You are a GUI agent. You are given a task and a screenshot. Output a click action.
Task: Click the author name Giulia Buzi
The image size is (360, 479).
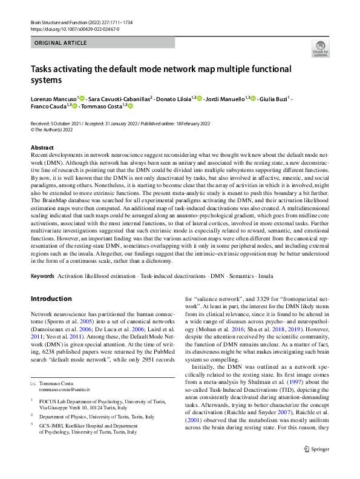click(x=275, y=97)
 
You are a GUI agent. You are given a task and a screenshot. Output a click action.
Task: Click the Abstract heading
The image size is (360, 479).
click(x=42, y=147)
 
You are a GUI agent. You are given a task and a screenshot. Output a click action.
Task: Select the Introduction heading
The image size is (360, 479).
click(x=51, y=299)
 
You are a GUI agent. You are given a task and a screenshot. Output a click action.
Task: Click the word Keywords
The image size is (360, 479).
click(x=42, y=276)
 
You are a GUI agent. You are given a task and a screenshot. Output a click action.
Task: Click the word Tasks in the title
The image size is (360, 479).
click(x=44, y=69)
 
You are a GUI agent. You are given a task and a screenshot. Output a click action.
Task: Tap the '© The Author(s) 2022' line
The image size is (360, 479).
click(x=56, y=130)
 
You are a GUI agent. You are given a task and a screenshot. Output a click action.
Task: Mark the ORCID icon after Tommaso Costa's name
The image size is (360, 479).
click(x=129, y=105)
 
